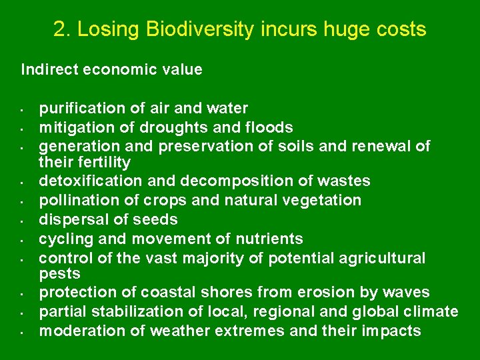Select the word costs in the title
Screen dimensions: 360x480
click(400, 29)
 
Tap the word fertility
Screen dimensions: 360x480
click(105, 162)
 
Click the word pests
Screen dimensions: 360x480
click(59, 274)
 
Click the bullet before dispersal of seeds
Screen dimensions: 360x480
click(22, 220)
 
